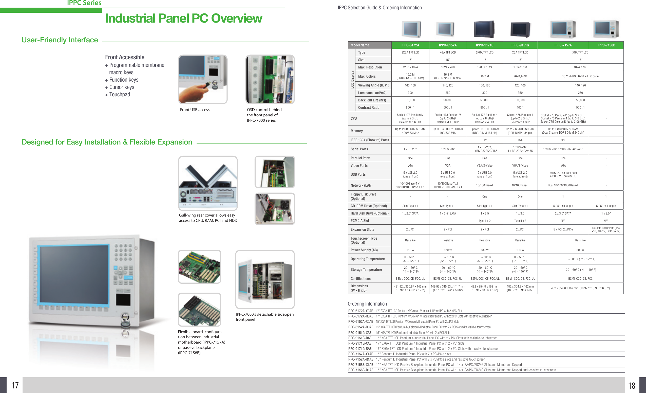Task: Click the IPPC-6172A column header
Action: pyautogui.click(x=410, y=45)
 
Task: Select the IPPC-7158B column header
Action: pyautogui.click(x=606, y=45)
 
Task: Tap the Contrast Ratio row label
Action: pyautogui.click(x=368, y=108)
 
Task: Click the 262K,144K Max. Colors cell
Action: pyautogui.click(x=520, y=76)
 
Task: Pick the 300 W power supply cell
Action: pyautogui.click(x=580, y=250)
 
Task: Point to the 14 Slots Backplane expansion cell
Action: pyautogui.click(x=606, y=229)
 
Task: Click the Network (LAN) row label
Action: pyautogui.click(x=361, y=186)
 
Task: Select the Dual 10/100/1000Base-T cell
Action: pyautogui.click(x=563, y=186)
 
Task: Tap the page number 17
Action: pyautogui.click(x=15, y=385)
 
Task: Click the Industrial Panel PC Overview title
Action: pyautogui.click(x=183, y=18)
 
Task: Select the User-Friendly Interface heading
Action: pyautogui.click(x=60, y=40)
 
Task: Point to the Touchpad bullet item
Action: pyautogui.click(x=119, y=94)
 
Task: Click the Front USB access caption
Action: pyautogui.click(x=195, y=110)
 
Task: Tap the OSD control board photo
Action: pyautogui.click(x=270, y=79)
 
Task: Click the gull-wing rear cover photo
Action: pyautogui.click(x=208, y=183)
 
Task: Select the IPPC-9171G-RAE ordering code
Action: pyautogui.click(x=359, y=349)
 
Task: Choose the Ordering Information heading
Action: pyautogui.click(x=367, y=304)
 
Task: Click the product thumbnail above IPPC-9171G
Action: pyautogui.click(x=484, y=29)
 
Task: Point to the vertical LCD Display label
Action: pyautogui.click(x=352, y=80)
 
